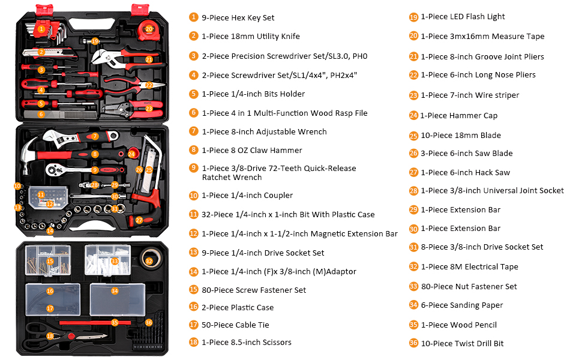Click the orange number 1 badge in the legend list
click(x=193, y=17)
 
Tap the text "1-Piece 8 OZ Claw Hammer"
click(x=252, y=150)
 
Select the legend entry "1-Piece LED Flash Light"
click(x=463, y=17)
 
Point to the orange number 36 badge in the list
click(x=413, y=343)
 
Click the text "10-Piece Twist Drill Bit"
click(x=462, y=343)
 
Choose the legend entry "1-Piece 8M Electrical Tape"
click(x=469, y=266)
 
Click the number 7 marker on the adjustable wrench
click(x=95, y=136)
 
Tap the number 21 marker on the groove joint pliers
click(x=149, y=59)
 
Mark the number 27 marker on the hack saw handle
click(x=139, y=220)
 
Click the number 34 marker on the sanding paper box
click(x=115, y=291)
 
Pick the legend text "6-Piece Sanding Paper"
click(x=461, y=305)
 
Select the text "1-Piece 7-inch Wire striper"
click(x=470, y=95)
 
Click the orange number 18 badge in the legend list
click(x=193, y=342)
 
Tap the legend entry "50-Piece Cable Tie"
click(x=240, y=325)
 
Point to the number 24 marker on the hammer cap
click(x=131, y=154)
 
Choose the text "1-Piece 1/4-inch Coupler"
click(x=247, y=195)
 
